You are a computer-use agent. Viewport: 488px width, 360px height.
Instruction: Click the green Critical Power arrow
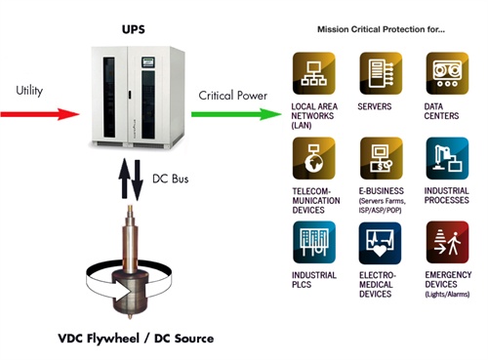click(x=229, y=114)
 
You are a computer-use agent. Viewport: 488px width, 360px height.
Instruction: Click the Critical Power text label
click(x=231, y=96)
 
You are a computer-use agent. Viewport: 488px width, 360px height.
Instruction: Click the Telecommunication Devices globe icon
click(x=315, y=158)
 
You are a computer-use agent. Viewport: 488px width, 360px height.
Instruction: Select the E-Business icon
click(x=382, y=158)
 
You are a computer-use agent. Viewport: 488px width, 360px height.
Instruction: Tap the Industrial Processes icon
click(x=448, y=158)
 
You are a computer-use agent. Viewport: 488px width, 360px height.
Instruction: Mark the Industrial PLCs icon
click(x=315, y=244)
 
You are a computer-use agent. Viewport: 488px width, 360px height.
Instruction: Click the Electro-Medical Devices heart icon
click(x=382, y=244)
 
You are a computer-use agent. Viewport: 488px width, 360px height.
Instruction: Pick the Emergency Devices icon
click(x=448, y=244)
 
